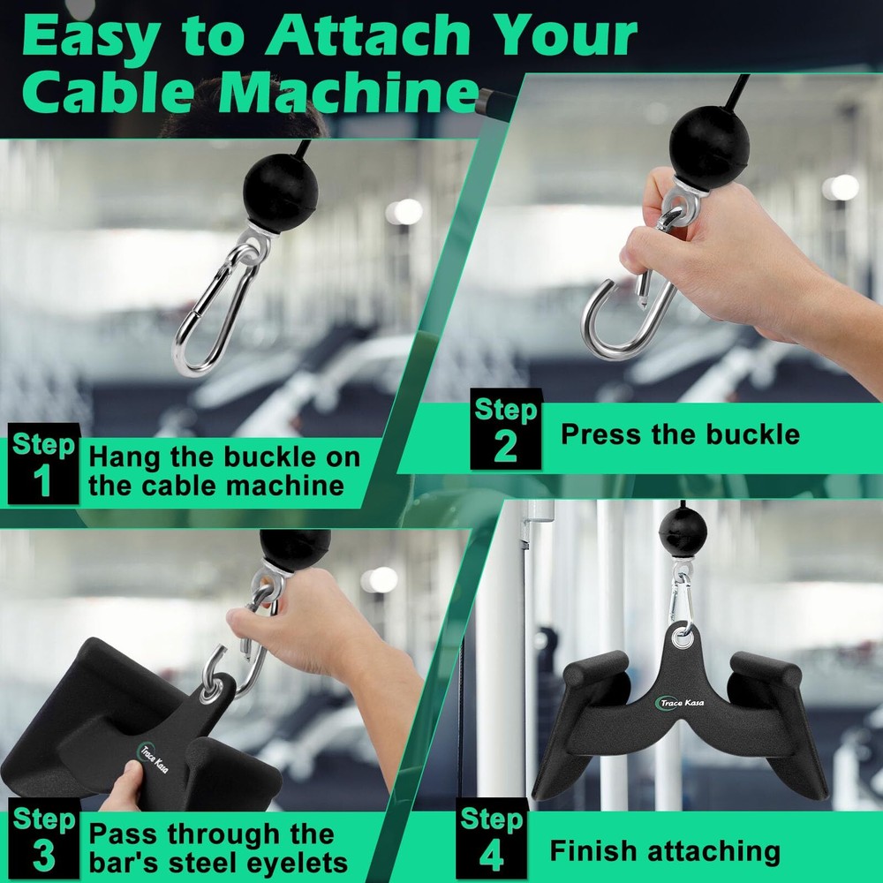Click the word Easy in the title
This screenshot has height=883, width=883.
pyautogui.click(x=92, y=37)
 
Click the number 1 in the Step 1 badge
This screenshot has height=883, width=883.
pyautogui.click(x=42, y=483)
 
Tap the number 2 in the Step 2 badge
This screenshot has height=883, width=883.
pyautogui.click(x=505, y=447)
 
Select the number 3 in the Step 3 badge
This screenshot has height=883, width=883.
pyautogui.click(x=42, y=857)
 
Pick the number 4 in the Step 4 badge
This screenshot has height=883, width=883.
pyautogui.click(x=491, y=855)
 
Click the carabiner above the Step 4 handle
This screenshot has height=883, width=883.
pyautogui.click(x=681, y=592)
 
